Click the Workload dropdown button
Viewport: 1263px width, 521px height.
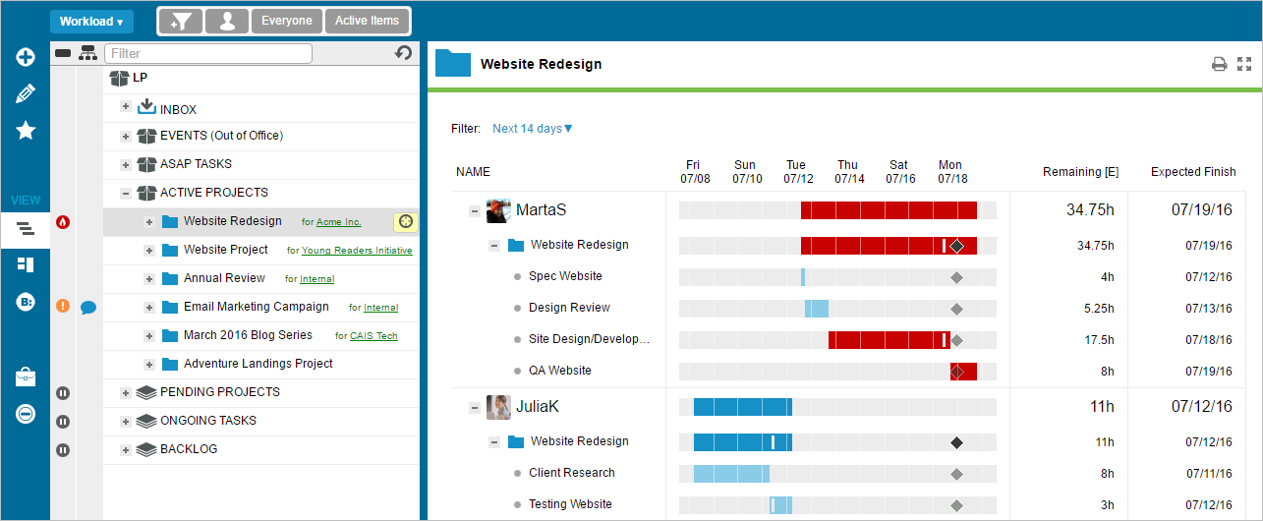(x=91, y=22)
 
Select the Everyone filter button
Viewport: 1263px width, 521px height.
(x=286, y=21)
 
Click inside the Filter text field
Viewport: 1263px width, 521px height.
(x=207, y=53)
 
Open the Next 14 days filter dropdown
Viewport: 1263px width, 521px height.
(x=532, y=129)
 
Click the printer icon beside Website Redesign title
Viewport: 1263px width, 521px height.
(x=1219, y=65)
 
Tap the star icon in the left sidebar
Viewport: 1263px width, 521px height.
(x=26, y=131)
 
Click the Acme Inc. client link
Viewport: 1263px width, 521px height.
(x=338, y=222)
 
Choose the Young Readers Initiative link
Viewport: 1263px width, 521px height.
(x=357, y=251)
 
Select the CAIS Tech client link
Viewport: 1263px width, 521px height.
(x=373, y=336)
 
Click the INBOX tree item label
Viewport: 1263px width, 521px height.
(x=178, y=109)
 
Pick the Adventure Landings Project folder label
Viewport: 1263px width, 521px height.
(x=258, y=364)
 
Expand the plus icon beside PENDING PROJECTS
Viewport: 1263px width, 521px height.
(x=126, y=393)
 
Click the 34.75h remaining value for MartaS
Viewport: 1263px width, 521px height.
(x=1091, y=209)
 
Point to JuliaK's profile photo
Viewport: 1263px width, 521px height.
(x=498, y=406)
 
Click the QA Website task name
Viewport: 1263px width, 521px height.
(x=559, y=371)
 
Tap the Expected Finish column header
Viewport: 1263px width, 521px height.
(x=1193, y=172)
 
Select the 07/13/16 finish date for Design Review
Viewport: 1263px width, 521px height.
(x=1208, y=308)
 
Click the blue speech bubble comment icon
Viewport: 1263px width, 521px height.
(x=87, y=308)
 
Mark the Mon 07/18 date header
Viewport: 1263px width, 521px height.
(x=951, y=172)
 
